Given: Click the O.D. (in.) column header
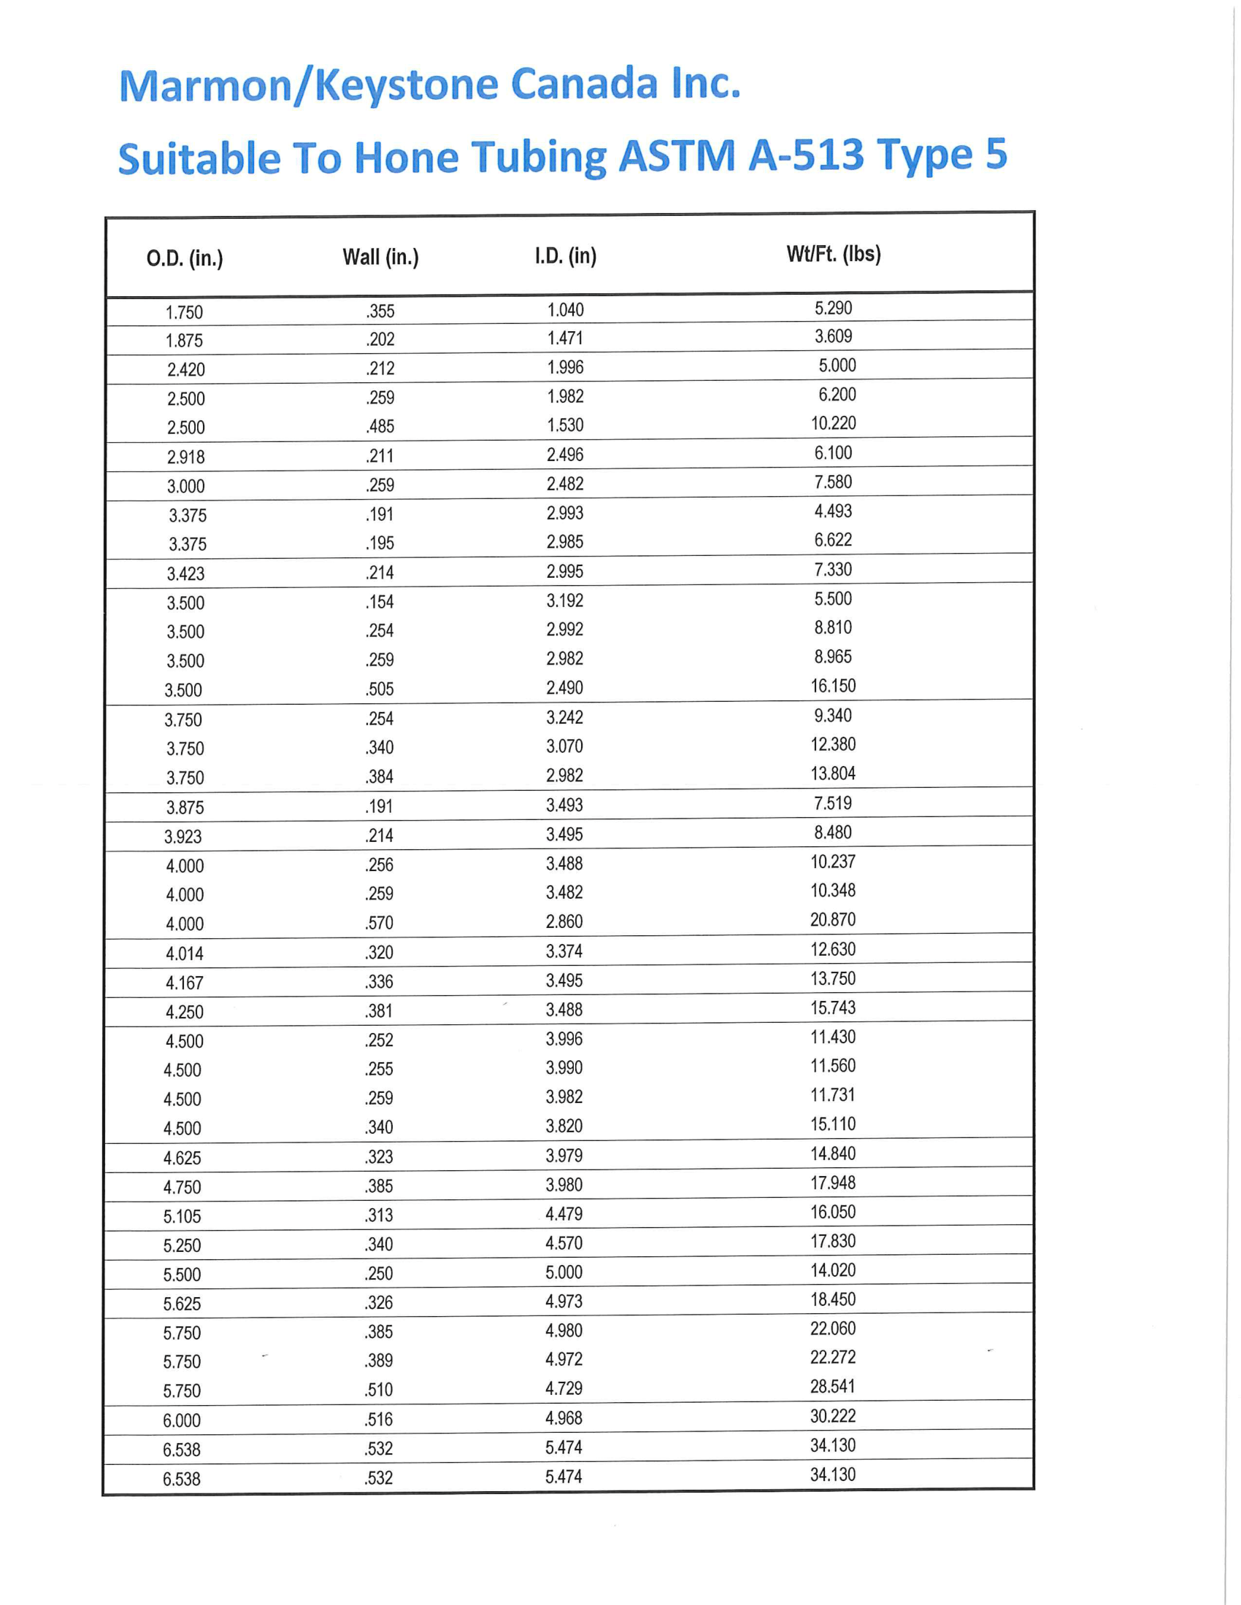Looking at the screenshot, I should [x=185, y=259].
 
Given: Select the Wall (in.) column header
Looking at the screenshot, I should [x=380, y=258].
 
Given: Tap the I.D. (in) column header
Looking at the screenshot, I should [x=565, y=256].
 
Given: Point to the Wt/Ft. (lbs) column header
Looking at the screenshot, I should [x=833, y=255].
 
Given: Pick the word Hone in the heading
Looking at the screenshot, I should [x=406, y=158].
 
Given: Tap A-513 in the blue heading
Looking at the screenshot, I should [x=806, y=156].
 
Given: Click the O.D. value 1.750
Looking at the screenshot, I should [x=184, y=312].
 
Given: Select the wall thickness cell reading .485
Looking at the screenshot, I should [x=380, y=426].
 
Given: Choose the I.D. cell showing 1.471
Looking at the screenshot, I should [x=564, y=338].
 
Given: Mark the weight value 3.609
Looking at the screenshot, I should [x=833, y=336].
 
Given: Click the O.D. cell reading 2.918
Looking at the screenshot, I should [x=185, y=457].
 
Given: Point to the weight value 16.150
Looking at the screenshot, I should [x=833, y=686].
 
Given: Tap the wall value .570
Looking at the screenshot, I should [x=380, y=922].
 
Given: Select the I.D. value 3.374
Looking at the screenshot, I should [x=564, y=951].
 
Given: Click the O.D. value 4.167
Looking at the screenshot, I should [x=184, y=983].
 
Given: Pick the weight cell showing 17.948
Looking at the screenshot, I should [x=833, y=1183].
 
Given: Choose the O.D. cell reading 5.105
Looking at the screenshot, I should [x=182, y=1216].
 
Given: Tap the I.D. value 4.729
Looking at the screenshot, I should [x=564, y=1388].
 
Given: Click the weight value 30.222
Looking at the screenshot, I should [x=833, y=1416].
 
